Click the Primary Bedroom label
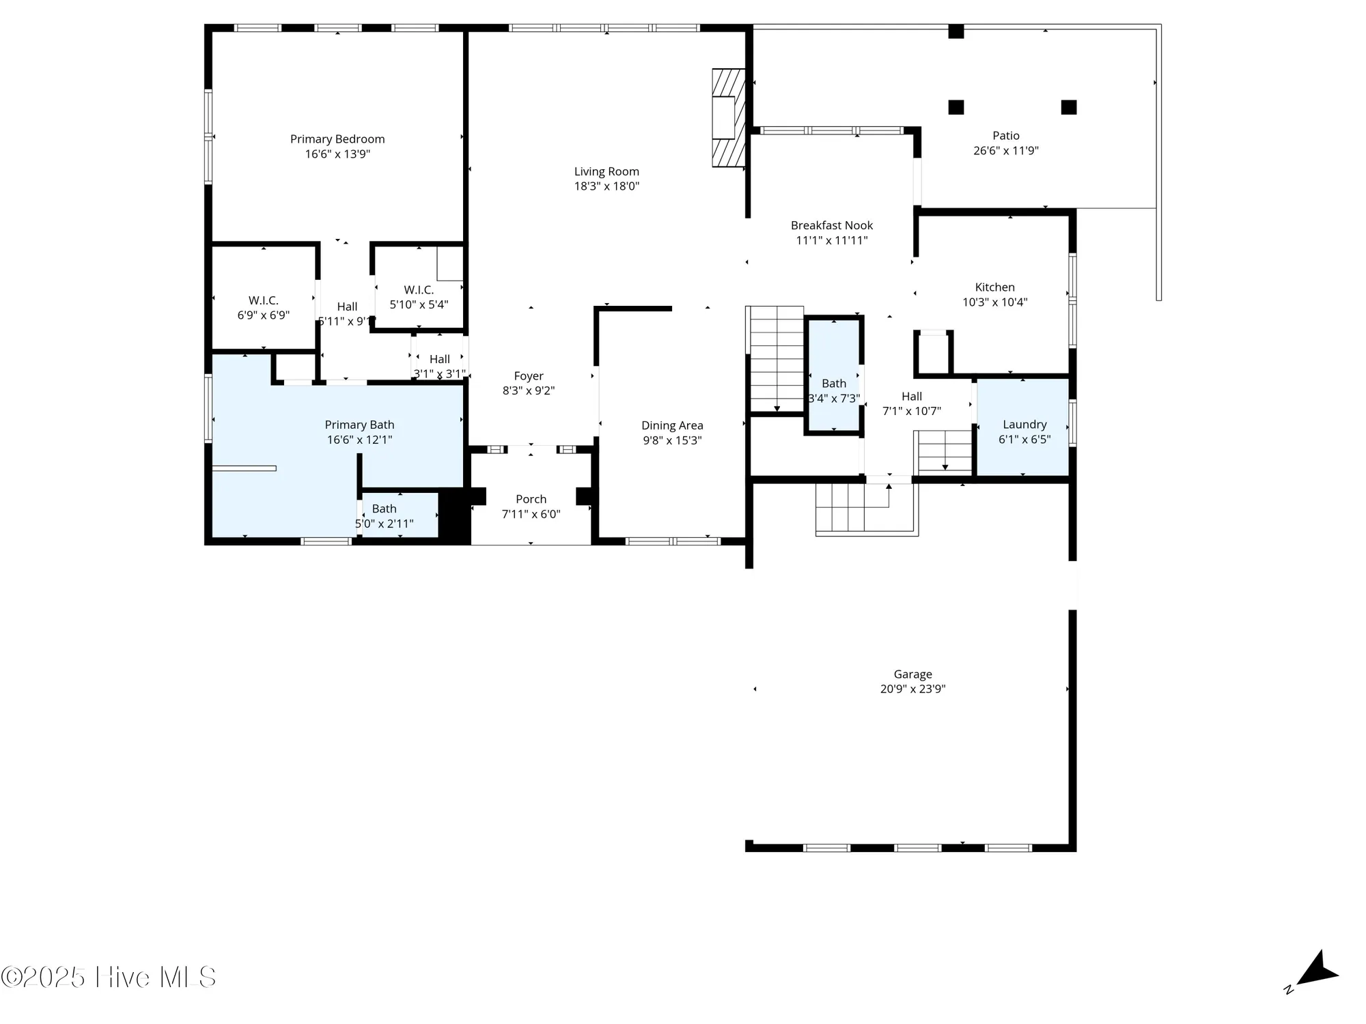pyautogui.click(x=337, y=139)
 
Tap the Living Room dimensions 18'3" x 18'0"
pyautogui.click(x=607, y=186)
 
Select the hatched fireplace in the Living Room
pyautogui.click(x=727, y=117)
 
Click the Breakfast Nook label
pyautogui.click(x=831, y=225)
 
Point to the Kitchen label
pyautogui.click(x=994, y=287)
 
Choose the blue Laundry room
pyautogui.click(x=1023, y=427)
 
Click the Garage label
pyautogui.click(x=912, y=674)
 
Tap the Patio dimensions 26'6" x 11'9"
pyautogui.click(x=1005, y=151)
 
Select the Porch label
pyautogui.click(x=531, y=499)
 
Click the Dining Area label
pyautogui.click(x=672, y=426)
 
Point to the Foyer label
pyautogui.click(x=529, y=376)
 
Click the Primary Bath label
pyautogui.click(x=359, y=425)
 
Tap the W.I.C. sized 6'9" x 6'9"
pyautogui.click(x=263, y=307)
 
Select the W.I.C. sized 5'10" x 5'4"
pyautogui.click(x=419, y=297)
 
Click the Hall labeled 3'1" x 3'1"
pyautogui.click(x=440, y=366)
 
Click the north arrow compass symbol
pyautogui.click(x=1315, y=970)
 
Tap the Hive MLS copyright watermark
pyautogui.click(x=109, y=978)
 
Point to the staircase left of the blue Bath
pyautogui.click(x=776, y=360)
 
